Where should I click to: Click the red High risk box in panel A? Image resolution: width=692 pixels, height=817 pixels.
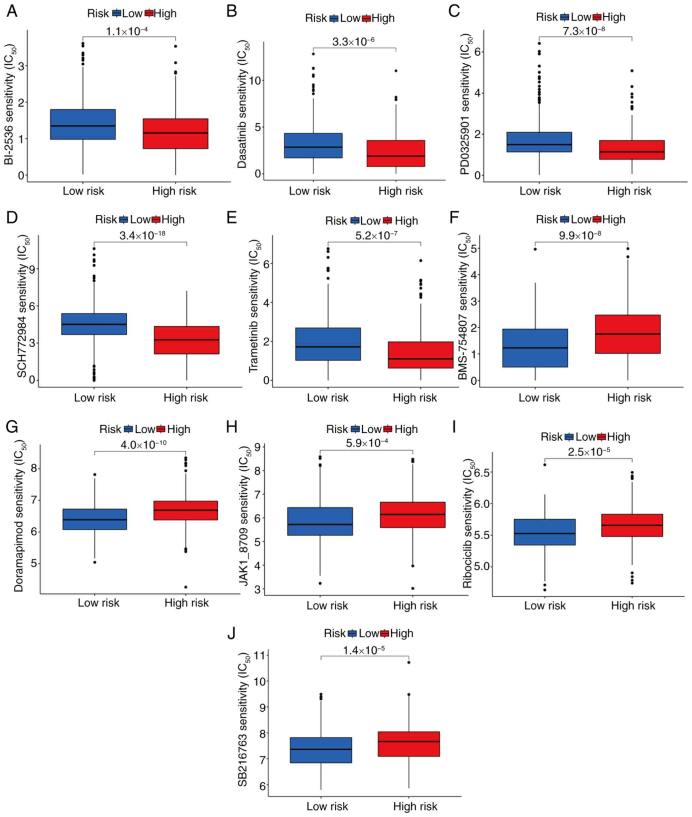(175, 134)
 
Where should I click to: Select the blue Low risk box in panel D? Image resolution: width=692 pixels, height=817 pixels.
(94, 324)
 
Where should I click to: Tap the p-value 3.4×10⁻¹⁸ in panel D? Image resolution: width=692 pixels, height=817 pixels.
(142, 236)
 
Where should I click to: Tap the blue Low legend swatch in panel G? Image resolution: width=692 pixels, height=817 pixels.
(128, 429)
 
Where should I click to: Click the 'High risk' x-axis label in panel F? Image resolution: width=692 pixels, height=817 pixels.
(629, 398)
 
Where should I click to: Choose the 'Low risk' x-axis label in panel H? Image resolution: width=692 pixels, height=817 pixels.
(327, 605)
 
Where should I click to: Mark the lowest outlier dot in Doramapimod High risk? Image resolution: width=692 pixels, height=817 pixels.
(186, 587)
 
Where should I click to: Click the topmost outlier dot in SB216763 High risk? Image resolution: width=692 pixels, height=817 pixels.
(409, 662)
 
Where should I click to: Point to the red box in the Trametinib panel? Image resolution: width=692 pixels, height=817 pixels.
(421, 355)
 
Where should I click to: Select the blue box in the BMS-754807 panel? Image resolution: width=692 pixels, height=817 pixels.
(535, 348)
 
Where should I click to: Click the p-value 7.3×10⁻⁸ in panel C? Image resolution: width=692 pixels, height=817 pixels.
(583, 31)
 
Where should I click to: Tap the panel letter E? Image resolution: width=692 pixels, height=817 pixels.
(232, 217)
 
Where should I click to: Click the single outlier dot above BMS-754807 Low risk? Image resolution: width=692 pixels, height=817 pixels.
(535, 249)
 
